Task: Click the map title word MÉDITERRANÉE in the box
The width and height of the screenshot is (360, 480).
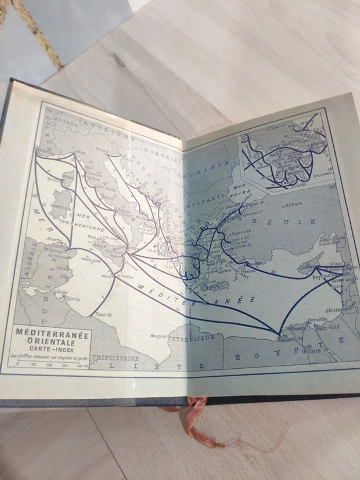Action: click(x=52, y=334)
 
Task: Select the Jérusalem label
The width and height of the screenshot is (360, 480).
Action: click(x=338, y=309)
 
